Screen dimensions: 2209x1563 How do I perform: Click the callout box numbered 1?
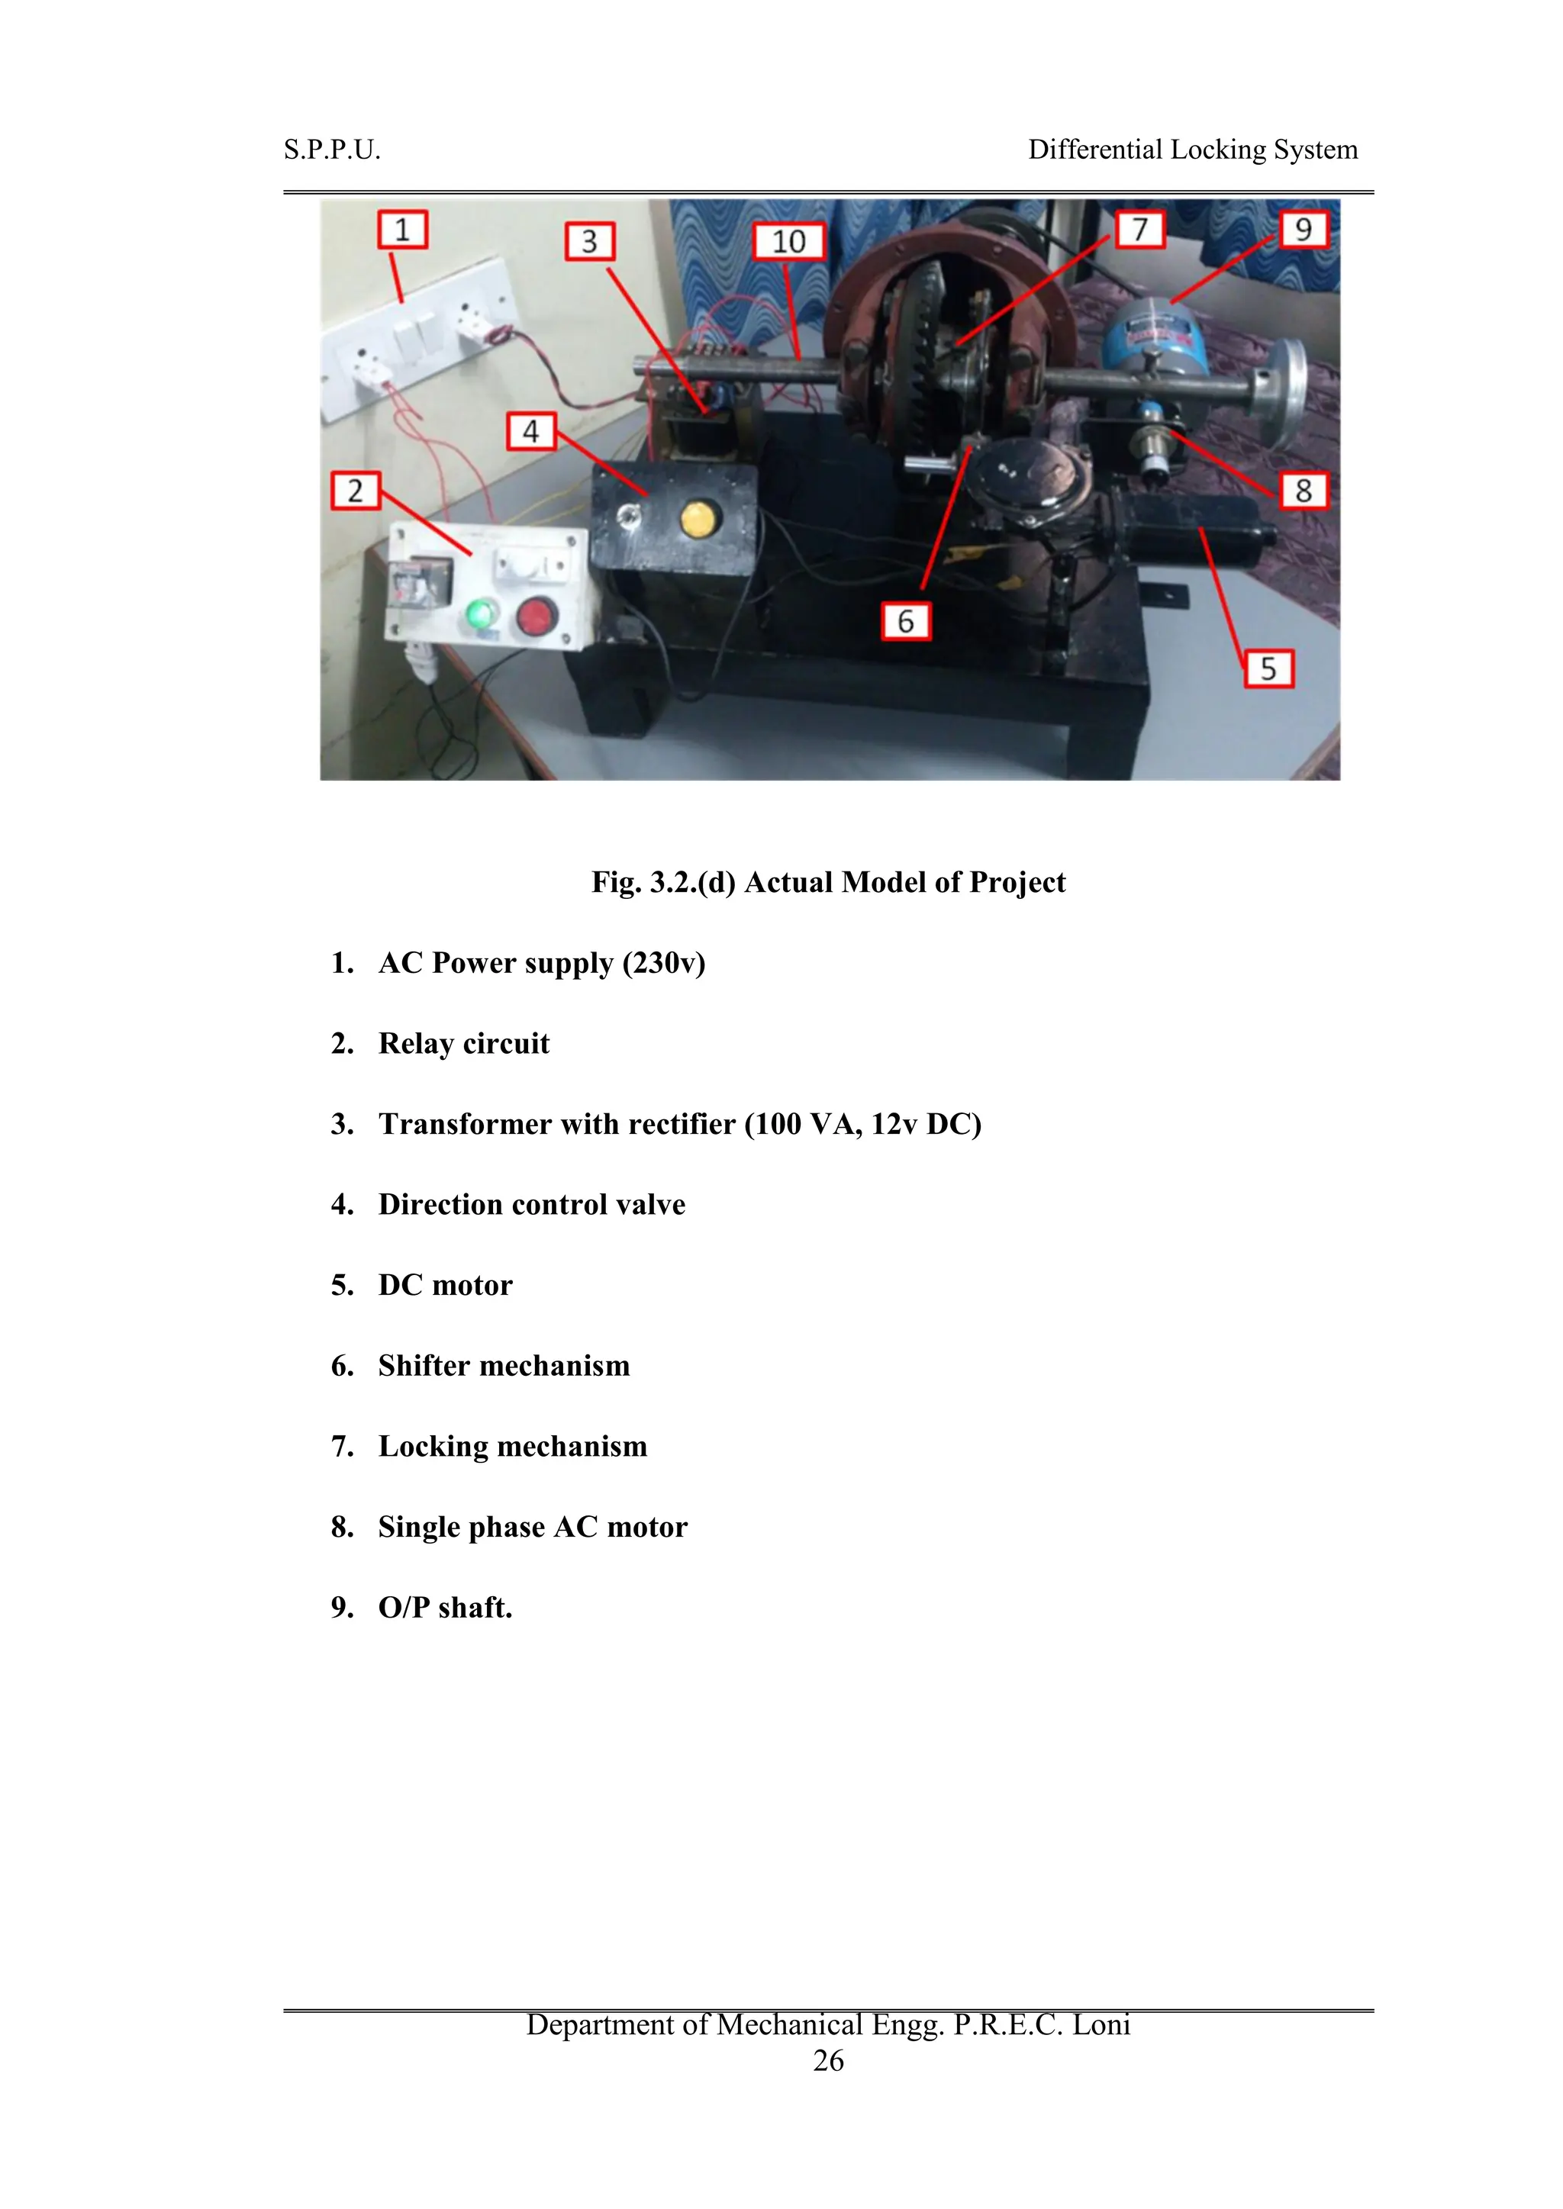tap(402, 230)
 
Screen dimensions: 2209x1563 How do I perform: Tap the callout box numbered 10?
tap(788, 241)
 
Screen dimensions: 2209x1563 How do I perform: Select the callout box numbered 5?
tap(1268, 668)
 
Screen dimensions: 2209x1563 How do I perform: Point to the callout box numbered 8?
tap(1304, 490)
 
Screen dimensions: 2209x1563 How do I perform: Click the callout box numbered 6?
tap(906, 622)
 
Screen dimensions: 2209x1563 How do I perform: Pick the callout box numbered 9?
tap(1304, 229)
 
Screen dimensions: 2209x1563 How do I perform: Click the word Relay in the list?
tap(416, 1044)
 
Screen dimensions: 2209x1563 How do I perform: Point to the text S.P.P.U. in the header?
tap(332, 150)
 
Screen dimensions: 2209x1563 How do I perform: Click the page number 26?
tap(828, 2060)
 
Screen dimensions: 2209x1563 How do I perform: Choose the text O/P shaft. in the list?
tap(445, 1608)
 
